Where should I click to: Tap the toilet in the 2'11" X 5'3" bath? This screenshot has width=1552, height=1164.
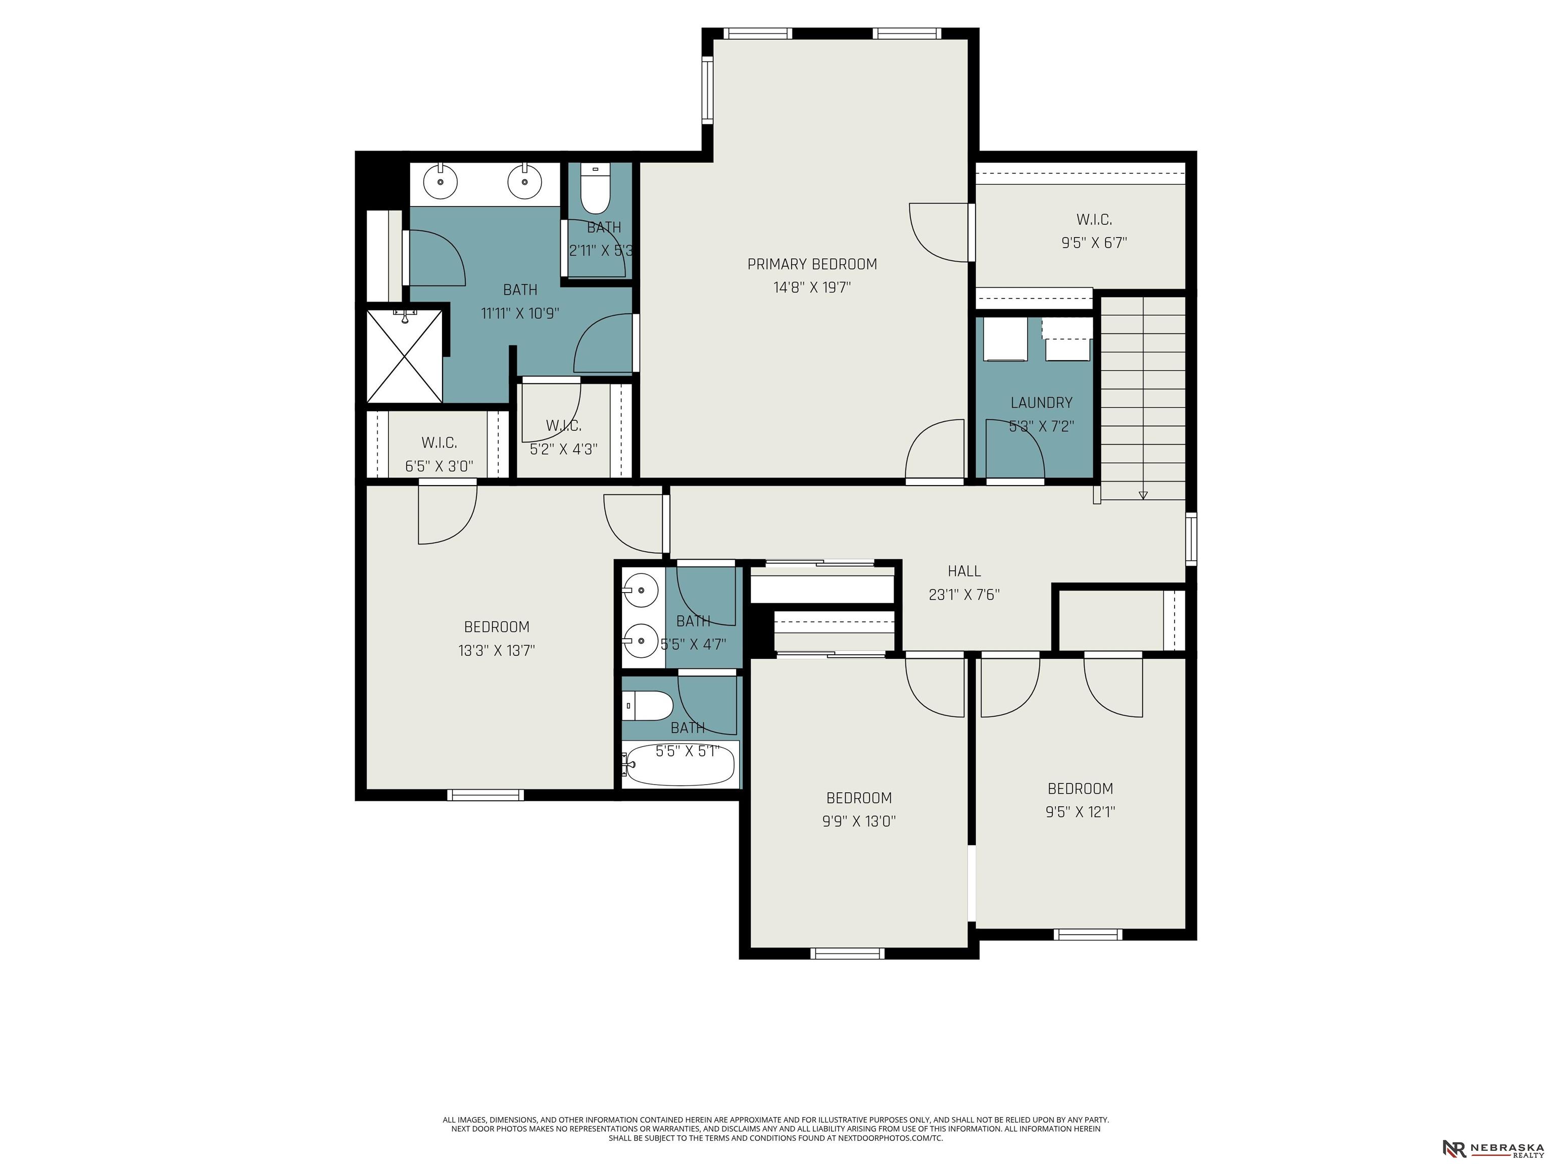596,189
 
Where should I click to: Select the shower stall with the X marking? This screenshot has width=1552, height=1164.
405,356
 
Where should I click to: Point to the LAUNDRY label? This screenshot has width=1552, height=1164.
1041,403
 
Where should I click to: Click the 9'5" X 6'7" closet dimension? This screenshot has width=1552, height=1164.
1094,243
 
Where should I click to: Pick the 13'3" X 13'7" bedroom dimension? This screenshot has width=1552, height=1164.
497,650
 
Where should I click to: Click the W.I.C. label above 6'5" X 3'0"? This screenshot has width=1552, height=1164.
439,443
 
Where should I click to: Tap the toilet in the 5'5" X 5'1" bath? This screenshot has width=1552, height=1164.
648,705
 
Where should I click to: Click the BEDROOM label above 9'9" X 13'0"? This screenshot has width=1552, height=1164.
859,798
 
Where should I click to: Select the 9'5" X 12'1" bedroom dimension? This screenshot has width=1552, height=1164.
1080,812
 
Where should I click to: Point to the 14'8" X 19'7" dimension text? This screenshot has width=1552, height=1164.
812,287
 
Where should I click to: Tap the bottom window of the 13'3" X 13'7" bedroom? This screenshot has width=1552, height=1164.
486,795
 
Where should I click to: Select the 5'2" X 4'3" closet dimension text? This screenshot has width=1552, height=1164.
563,449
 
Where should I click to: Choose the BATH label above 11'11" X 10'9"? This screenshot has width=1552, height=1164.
520,290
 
